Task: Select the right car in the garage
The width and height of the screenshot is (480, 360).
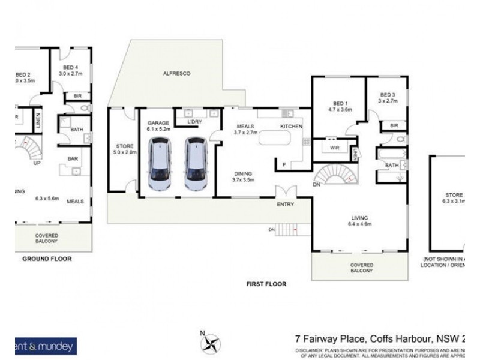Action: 195,164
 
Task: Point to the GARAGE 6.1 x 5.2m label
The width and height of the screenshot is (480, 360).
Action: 159,125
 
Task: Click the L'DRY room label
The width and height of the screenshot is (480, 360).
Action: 194,122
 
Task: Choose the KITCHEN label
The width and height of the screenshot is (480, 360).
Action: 292,127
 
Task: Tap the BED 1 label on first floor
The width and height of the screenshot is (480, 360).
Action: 339,106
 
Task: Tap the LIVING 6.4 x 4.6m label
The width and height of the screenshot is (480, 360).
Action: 360,221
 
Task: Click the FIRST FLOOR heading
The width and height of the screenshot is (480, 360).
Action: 267,284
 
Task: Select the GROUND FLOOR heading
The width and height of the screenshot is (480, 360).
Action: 47,259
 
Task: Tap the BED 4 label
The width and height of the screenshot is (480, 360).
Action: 70,70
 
